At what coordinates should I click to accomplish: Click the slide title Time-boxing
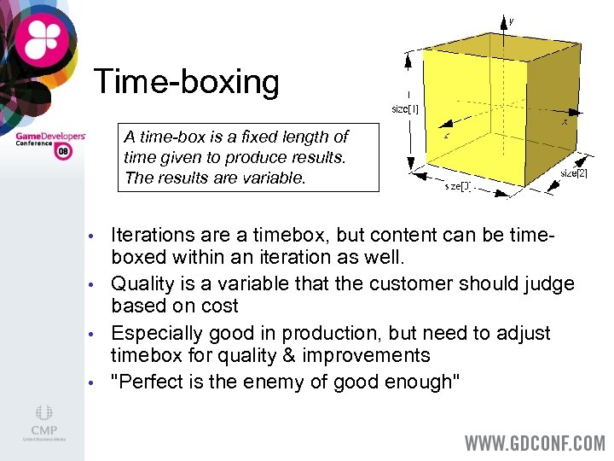pos(186,82)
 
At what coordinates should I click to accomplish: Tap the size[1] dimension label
pos(405,108)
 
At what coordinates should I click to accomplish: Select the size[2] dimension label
pos(573,173)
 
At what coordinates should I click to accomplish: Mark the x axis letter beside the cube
pos(565,122)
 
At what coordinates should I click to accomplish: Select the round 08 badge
pos(63,152)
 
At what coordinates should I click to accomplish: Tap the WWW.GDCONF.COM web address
pos(533,444)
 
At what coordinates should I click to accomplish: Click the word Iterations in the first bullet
pos(153,235)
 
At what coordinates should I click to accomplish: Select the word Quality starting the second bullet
pos(142,283)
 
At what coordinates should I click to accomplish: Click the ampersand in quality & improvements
pos(276,356)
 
